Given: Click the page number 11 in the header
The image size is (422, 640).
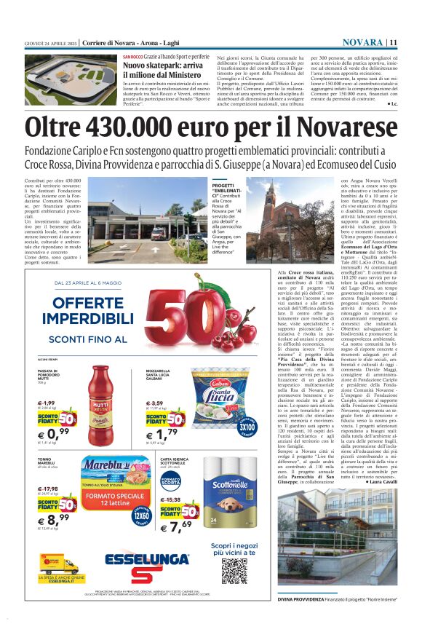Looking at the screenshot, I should (393, 42).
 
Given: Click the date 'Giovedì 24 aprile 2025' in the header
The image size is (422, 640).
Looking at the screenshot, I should (50, 42).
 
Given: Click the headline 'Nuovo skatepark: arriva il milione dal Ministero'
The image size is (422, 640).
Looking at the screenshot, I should (167, 70).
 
